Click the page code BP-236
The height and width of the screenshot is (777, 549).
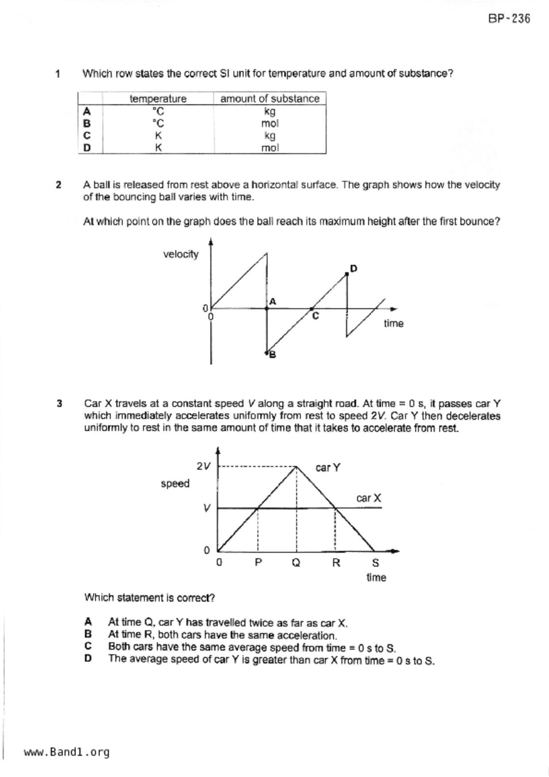(509, 19)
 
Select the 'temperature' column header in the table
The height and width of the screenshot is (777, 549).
(158, 98)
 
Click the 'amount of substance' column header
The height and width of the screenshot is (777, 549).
(269, 98)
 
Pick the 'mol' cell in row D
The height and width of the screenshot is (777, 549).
(269, 148)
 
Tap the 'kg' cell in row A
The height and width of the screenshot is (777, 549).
(269, 111)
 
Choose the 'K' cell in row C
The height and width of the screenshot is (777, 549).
(158, 136)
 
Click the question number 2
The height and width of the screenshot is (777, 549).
(58, 185)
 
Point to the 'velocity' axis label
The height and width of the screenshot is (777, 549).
(180, 254)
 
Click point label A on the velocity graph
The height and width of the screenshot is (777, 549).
(273, 302)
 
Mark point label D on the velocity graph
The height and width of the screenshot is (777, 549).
(354, 268)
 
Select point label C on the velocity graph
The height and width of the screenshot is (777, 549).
(315, 316)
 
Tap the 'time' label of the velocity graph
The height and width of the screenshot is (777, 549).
(393, 323)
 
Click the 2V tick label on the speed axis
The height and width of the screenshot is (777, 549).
(203, 466)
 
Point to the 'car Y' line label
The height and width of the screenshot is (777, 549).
(328, 468)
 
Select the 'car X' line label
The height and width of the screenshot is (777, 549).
(369, 498)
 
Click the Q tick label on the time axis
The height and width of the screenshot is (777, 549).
(296, 563)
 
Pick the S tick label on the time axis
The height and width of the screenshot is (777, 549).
(375, 563)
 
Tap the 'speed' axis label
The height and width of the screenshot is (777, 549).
(175, 483)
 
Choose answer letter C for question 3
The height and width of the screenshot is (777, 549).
(88, 646)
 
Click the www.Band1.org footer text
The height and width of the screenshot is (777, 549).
(66, 752)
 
